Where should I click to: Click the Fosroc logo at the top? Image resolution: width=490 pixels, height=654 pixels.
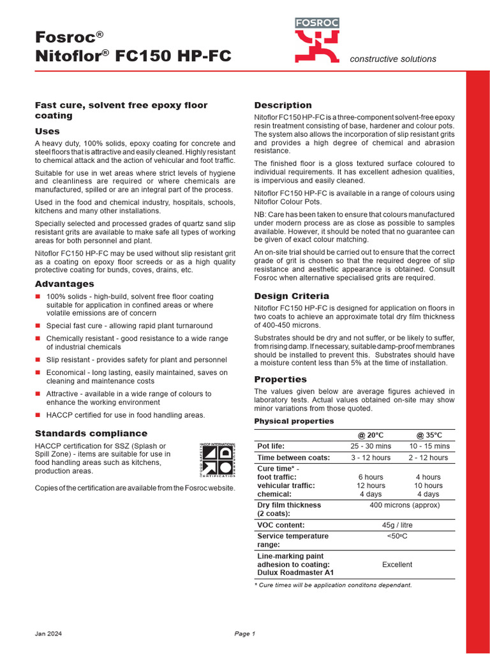click(316, 40)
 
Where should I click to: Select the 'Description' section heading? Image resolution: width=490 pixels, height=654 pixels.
click(283, 105)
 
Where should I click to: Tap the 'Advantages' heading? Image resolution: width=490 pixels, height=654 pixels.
click(64, 284)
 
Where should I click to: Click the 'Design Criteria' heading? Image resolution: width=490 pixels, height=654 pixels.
click(292, 296)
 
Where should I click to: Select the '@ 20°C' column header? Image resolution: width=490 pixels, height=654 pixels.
click(371, 435)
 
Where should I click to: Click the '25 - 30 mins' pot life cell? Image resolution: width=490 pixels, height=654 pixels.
click(371, 446)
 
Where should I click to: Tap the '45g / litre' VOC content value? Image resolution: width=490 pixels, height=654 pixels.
click(397, 525)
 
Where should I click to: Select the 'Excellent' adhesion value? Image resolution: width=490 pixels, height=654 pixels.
click(397, 565)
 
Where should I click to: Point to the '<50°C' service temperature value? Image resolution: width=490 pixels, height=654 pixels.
click(397, 536)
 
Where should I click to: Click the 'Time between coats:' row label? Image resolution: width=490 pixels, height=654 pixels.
click(293, 458)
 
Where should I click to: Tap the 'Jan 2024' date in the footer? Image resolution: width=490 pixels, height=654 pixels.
click(48, 634)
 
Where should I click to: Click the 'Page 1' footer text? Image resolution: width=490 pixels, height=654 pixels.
click(244, 634)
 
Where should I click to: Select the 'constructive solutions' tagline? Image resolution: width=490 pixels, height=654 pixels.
click(393, 59)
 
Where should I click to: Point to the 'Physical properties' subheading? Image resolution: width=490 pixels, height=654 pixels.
click(293, 421)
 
